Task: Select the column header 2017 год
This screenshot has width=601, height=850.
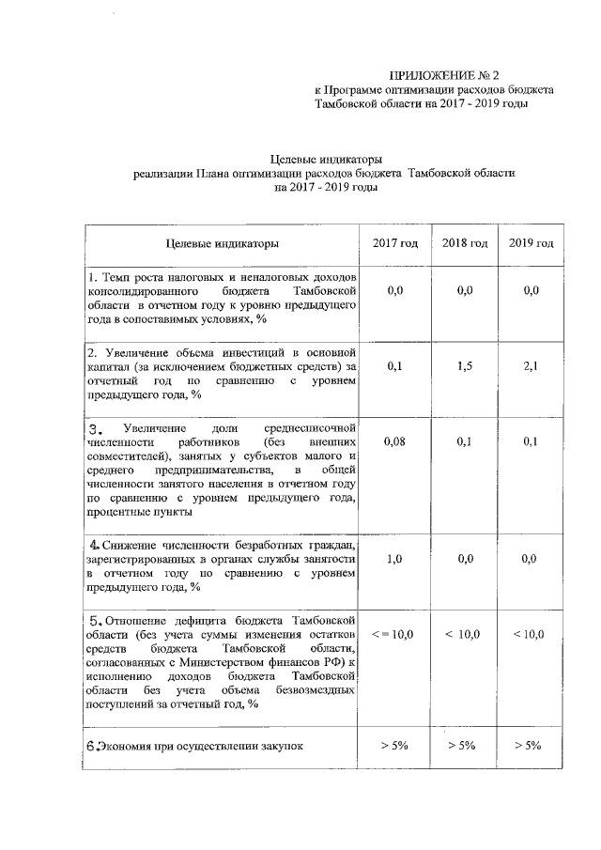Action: click(395, 243)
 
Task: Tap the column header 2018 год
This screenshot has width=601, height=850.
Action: click(464, 243)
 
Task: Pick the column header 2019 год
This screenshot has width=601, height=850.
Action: click(531, 243)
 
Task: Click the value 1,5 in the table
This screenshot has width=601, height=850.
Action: click(464, 367)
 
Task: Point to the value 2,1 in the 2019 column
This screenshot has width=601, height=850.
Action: click(531, 367)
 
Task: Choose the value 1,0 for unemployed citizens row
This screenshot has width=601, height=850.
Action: click(395, 559)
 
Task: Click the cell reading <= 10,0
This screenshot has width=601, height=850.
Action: click(395, 635)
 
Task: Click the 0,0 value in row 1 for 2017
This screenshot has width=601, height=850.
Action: click(395, 292)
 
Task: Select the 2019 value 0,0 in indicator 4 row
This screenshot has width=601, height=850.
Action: click(531, 559)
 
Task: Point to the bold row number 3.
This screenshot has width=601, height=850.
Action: click(94, 428)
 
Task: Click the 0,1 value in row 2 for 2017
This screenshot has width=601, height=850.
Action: click(395, 367)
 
